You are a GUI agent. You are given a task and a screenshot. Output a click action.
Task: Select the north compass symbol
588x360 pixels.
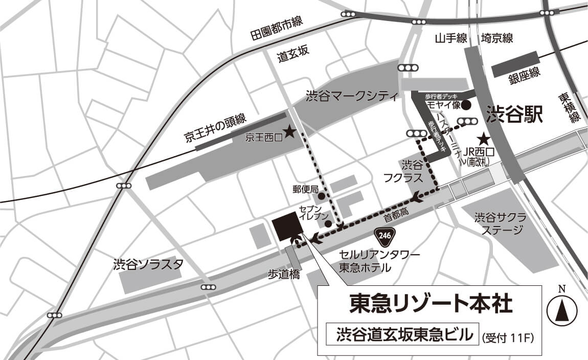click(562, 310)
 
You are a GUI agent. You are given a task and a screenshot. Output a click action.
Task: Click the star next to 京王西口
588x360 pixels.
click(289, 132)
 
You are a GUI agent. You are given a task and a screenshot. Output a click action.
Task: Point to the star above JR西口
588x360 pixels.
click(483, 139)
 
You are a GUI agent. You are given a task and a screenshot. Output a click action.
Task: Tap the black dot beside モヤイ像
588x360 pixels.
click(466, 106)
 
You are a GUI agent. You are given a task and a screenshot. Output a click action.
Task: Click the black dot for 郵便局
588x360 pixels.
click(321, 196)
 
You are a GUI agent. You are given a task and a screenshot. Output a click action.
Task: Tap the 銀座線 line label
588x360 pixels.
click(524, 77)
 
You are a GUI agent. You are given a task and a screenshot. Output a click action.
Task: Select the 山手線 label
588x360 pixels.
click(451, 38)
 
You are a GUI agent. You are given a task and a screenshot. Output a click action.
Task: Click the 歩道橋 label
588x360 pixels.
click(284, 275)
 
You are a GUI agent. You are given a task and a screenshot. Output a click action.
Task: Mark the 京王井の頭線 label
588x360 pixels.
click(215, 127)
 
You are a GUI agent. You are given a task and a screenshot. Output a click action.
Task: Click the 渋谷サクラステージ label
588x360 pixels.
click(500, 223)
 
